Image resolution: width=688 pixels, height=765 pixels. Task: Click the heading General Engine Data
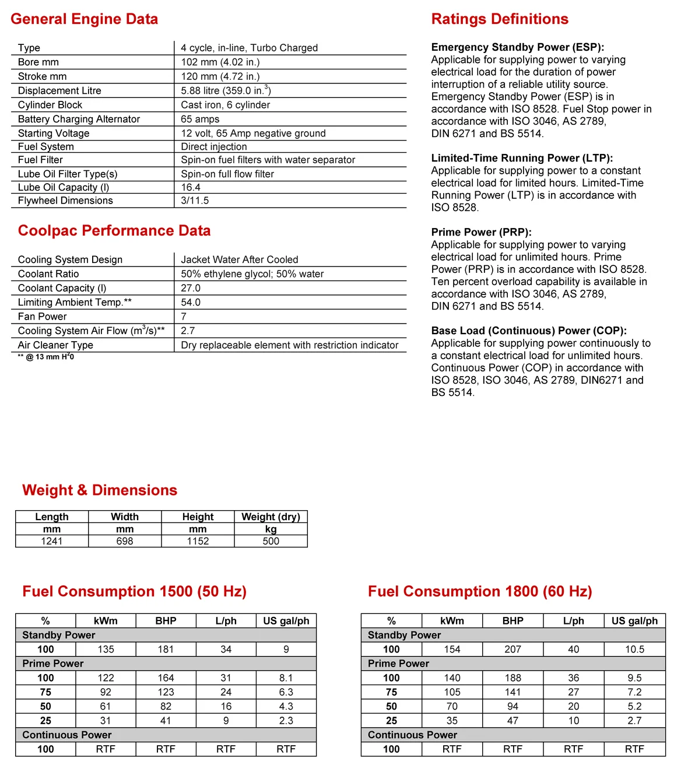tap(84, 19)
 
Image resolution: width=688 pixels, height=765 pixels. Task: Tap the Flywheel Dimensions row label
tap(65, 201)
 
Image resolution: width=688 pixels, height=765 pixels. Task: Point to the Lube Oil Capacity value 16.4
tap(191, 187)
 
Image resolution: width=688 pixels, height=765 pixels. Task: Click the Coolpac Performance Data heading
tap(114, 231)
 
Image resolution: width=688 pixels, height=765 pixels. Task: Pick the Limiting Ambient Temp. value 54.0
tap(191, 302)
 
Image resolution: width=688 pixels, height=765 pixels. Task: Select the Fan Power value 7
tap(184, 317)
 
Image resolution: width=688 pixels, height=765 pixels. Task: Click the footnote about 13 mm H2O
tap(46, 357)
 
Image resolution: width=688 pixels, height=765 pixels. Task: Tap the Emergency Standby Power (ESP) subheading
tap(517, 47)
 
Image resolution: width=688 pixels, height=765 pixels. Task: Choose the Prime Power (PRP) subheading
tap(481, 232)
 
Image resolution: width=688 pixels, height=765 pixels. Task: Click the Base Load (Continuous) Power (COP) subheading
tap(529, 331)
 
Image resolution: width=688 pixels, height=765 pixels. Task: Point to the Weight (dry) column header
tap(271, 517)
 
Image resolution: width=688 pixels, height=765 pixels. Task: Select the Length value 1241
tap(52, 541)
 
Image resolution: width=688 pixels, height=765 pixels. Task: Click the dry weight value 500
tap(271, 541)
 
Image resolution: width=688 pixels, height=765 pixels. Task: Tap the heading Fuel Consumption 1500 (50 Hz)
tap(134, 592)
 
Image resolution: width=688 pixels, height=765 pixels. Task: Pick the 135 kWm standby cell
tap(106, 650)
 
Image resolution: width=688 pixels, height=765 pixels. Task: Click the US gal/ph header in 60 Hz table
tap(634, 621)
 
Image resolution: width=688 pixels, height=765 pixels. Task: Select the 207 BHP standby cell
tap(513, 650)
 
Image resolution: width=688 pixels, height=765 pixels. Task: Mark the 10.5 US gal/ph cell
tap(634, 650)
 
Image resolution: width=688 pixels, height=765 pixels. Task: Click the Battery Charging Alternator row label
tap(79, 119)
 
